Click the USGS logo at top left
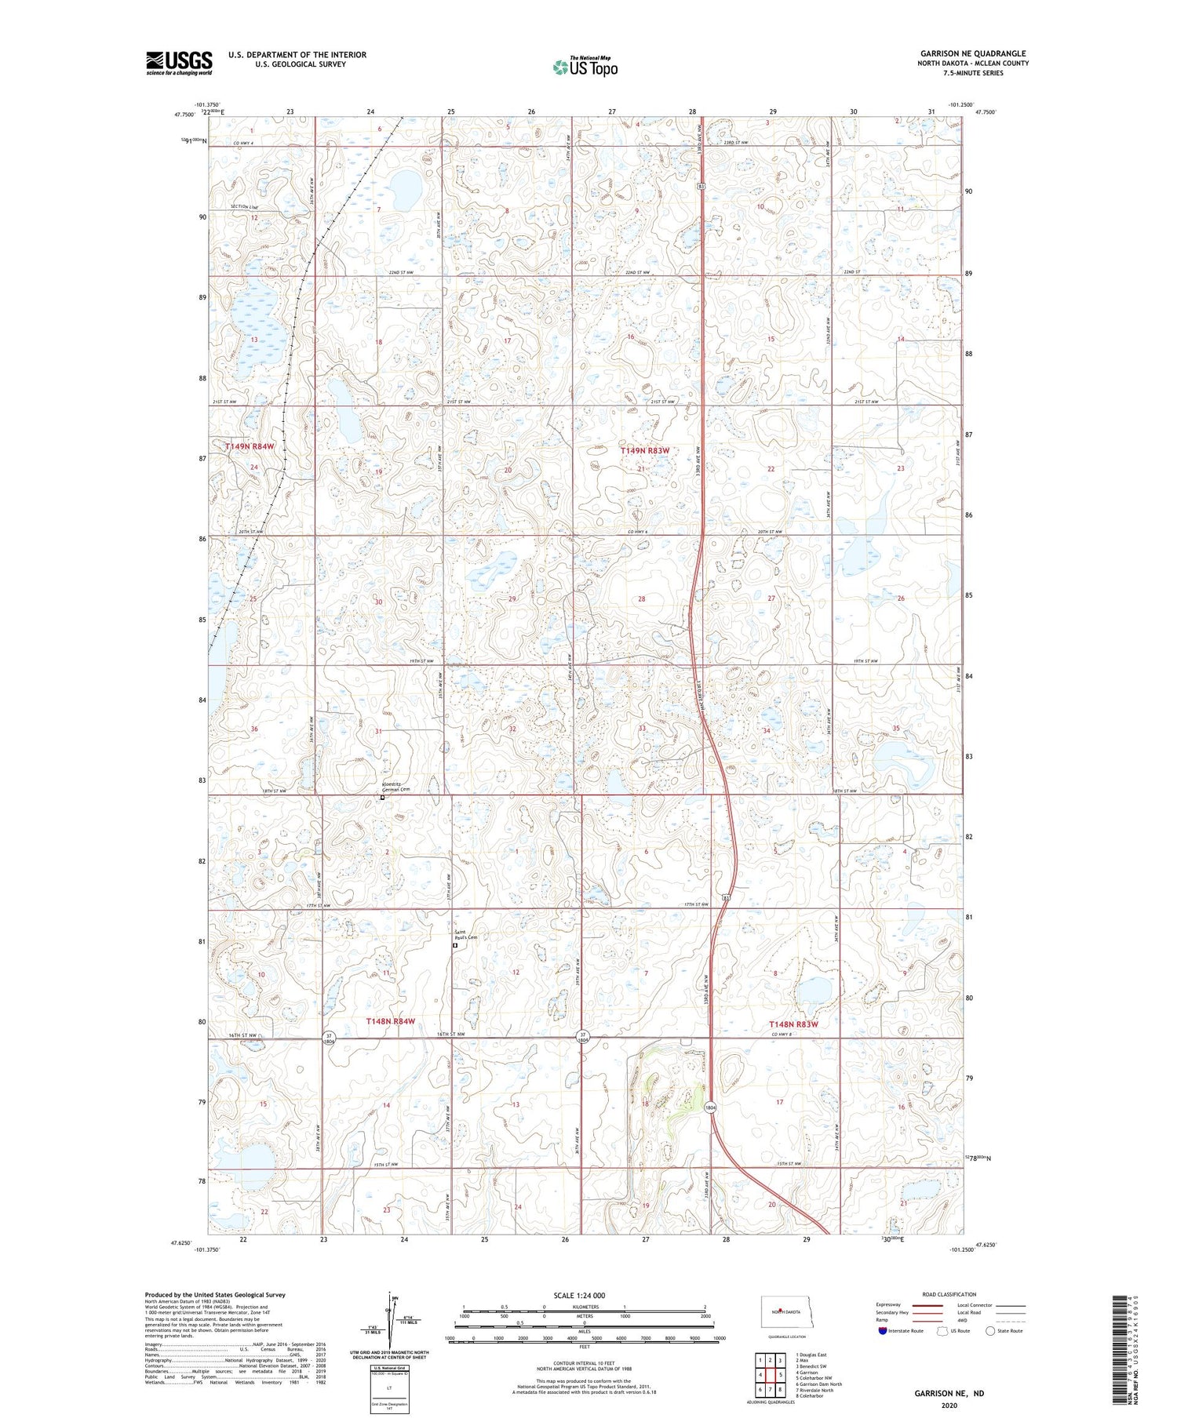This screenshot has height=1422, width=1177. pos(179,63)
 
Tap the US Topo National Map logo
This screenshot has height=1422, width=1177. pos(585,67)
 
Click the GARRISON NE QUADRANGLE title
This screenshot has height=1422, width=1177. pos(973,53)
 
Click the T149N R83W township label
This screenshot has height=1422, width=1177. pos(645,451)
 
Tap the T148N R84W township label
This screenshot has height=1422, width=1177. pos(390,1021)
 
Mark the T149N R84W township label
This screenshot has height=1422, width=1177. pos(250,446)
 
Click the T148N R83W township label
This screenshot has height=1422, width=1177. pos(793,1024)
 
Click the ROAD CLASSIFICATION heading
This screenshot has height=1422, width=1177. pos(949,1294)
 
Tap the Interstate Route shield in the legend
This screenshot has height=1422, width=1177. pos(883,1331)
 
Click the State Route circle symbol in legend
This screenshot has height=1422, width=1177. pos(990,1331)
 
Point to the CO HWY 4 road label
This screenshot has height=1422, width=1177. pos(246,142)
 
